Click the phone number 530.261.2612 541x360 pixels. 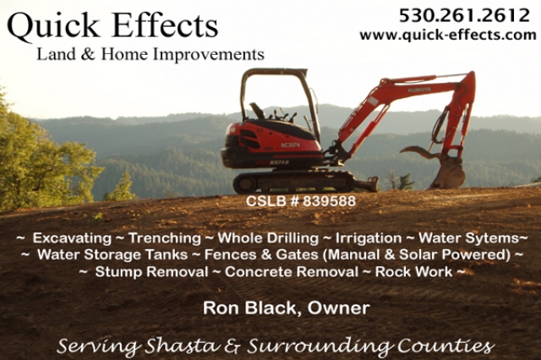tap(464, 15)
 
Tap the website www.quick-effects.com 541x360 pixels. tap(448, 35)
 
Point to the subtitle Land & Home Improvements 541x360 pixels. tap(150, 55)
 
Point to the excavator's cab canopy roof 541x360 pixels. tap(274, 73)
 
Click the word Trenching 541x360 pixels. tap(164, 238)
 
